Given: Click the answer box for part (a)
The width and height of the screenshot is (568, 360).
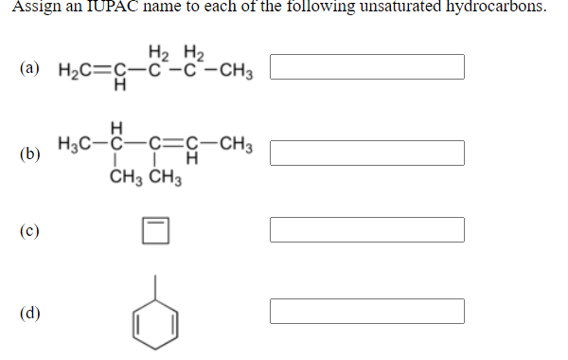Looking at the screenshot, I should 366,67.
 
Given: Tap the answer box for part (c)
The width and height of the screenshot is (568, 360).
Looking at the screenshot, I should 366,229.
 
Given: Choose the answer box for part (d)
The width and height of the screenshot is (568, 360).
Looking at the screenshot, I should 366,311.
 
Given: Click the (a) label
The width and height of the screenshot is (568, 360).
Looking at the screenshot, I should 29,68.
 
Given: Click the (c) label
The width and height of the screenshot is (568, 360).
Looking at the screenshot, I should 29,230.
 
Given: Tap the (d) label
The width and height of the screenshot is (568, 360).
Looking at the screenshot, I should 29,311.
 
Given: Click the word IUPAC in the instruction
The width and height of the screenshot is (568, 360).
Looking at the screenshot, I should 102,6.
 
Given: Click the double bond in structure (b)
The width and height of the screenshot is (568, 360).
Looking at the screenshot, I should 172,145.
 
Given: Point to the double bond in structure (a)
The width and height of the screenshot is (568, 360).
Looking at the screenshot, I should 105,69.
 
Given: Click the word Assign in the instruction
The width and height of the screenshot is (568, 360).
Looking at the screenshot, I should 33,6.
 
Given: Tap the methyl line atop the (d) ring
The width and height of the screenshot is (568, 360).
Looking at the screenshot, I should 157,285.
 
